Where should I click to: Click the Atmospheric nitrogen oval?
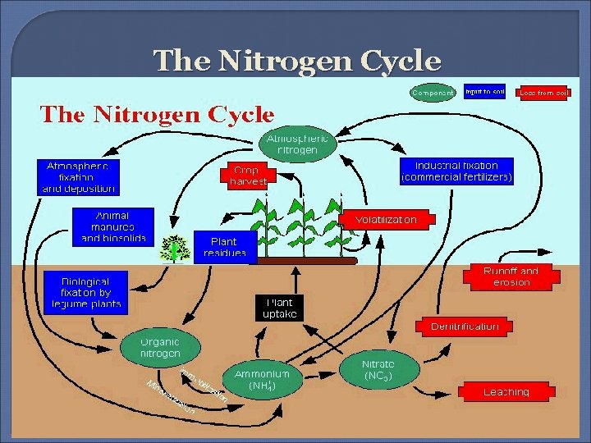298,145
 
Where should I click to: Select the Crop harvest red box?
245,176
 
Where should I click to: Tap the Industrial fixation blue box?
456,171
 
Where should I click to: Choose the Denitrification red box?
465,326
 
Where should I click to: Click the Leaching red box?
506,391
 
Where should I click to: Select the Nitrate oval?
378,370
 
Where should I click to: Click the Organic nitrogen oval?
159,348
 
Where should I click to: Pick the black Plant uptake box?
279,308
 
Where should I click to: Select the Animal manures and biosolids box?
112,226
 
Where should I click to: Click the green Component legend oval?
433,93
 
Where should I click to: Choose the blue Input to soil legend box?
484,92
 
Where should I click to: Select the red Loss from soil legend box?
543,93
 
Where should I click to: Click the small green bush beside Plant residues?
174,247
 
